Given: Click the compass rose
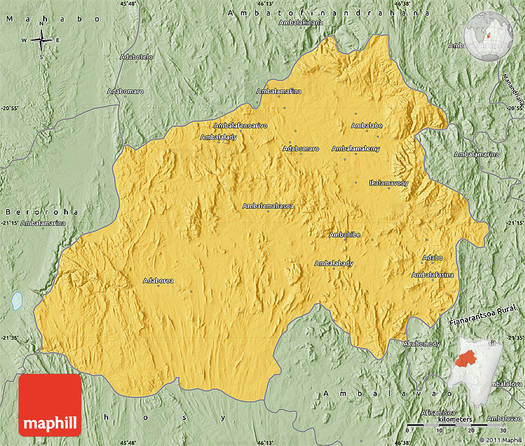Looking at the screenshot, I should click(41, 41).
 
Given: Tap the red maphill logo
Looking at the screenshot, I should click(50, 405).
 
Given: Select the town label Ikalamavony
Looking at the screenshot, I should click(388, 183).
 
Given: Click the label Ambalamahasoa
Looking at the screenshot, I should click(268, 206).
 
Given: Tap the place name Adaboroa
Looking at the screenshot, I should click(158, 280).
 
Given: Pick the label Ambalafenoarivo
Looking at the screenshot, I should click(240, 125).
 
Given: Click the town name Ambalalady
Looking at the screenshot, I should click(219, 137).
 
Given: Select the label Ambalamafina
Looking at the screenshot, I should click(279, 91).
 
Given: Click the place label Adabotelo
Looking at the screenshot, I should click(137, 57).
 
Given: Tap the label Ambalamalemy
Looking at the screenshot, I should click(356, 149).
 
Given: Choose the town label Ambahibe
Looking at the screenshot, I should click(345, 235).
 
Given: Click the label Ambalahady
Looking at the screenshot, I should click(334, 263).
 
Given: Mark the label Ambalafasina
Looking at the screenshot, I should click(433, 274).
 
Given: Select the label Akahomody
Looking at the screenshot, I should click(421, 343).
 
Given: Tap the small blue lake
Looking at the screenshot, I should click(17, 301).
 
